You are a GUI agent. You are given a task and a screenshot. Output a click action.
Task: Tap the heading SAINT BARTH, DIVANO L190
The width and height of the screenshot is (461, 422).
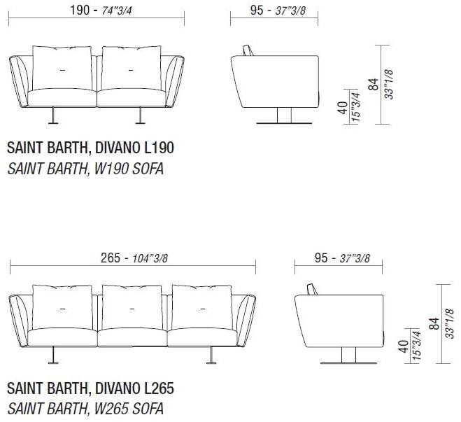(90, 148)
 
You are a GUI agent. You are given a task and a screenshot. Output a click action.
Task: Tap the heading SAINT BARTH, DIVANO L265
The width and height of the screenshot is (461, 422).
(90, 388)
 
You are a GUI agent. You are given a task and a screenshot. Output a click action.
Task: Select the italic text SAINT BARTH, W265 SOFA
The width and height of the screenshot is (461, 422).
(85, 408)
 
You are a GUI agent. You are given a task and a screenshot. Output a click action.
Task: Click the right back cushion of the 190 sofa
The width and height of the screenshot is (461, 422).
(131, 69)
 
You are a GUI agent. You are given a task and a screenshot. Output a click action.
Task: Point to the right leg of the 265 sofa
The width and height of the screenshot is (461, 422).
(211, 356)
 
